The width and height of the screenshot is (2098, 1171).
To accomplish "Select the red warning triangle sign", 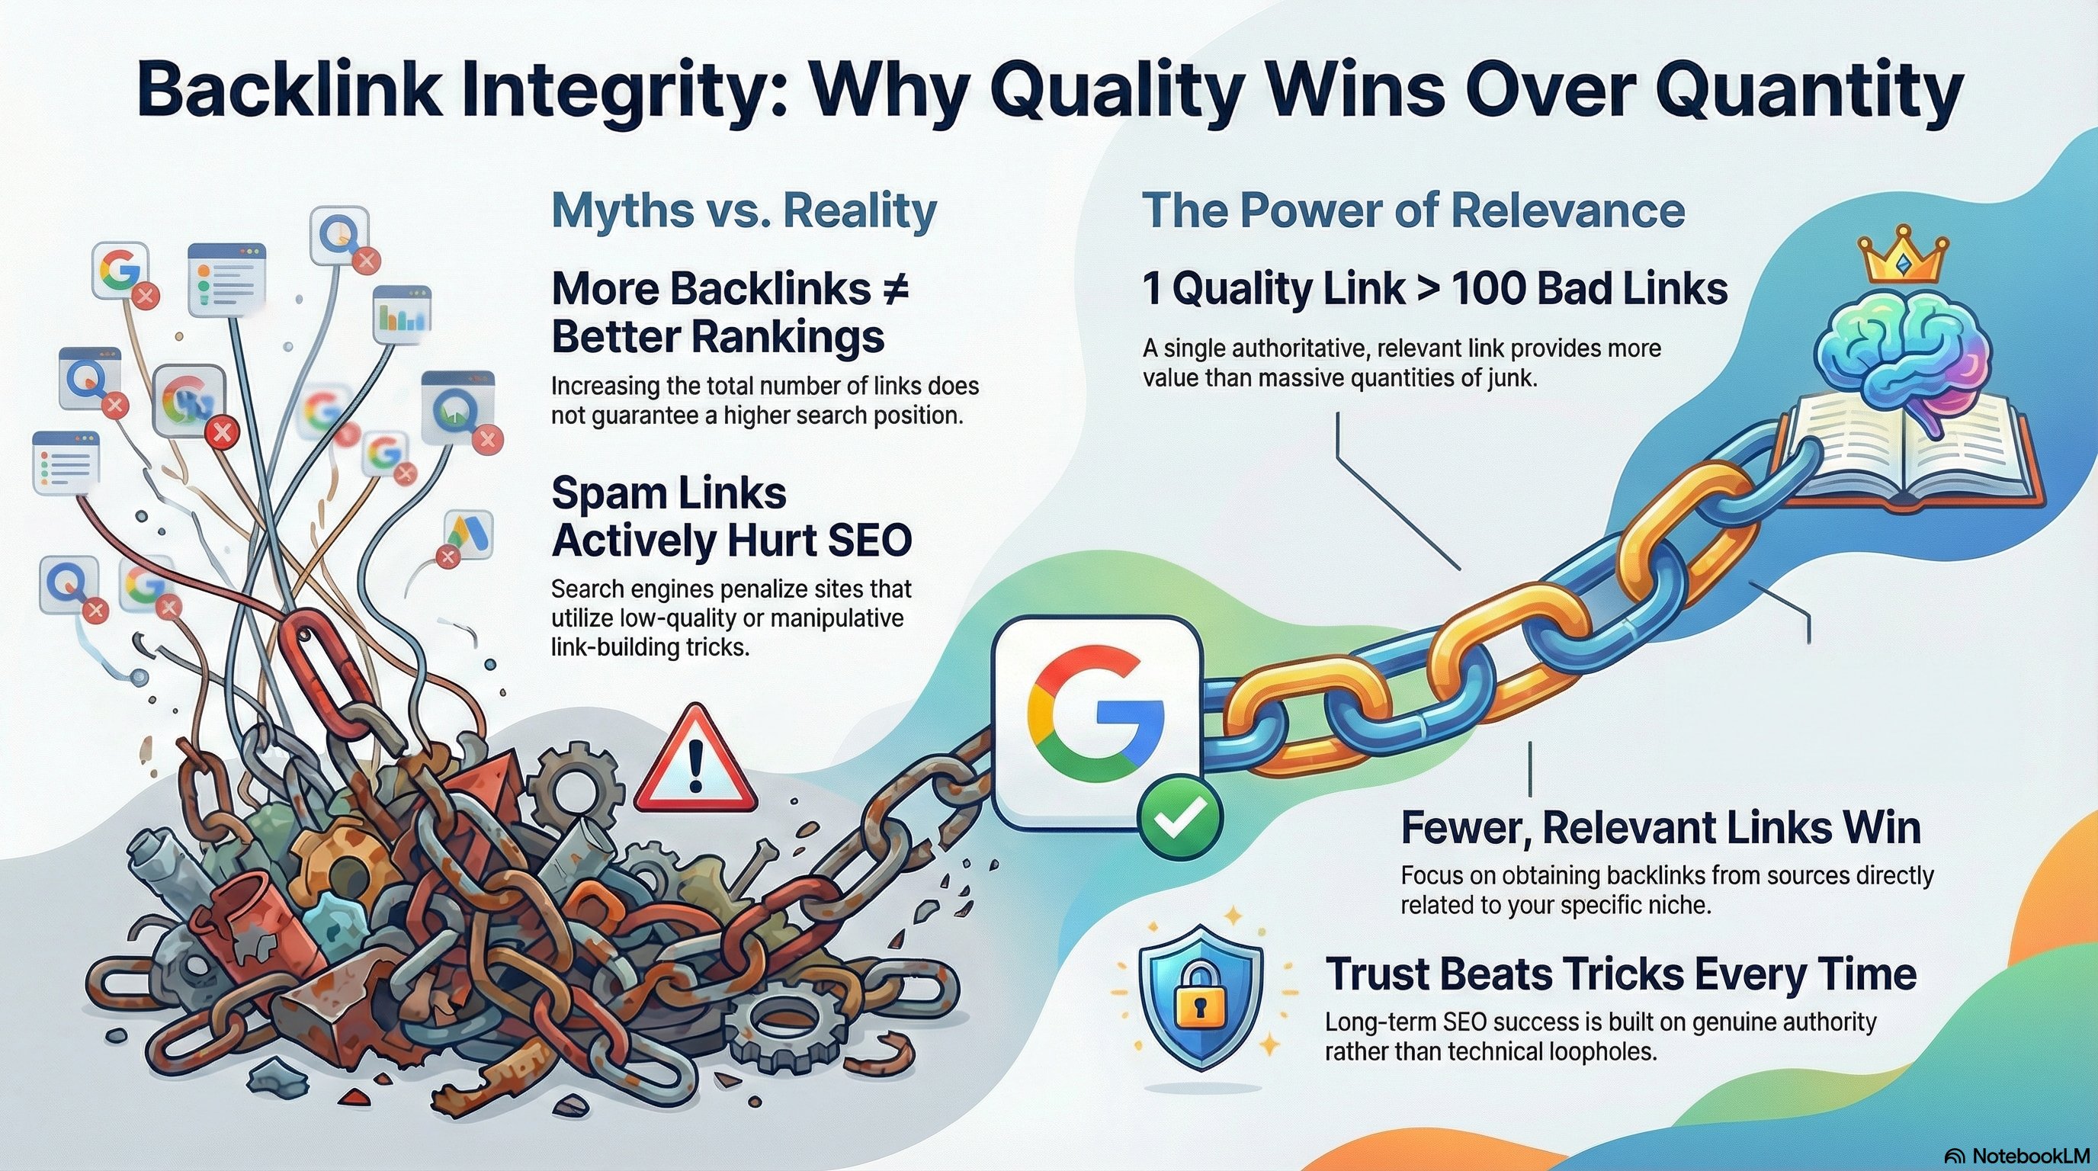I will click(x=695, y=761).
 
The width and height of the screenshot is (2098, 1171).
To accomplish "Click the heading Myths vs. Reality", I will click(x=743, y=211).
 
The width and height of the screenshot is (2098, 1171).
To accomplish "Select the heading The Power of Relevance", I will click(x=1413, y=211).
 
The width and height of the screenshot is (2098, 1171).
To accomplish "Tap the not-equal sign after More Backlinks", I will click(x=894, y=288).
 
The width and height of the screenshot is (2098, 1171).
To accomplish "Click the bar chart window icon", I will click(x=402, y=313).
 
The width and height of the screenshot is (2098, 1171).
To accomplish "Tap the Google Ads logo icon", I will click(x=470, y=534).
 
